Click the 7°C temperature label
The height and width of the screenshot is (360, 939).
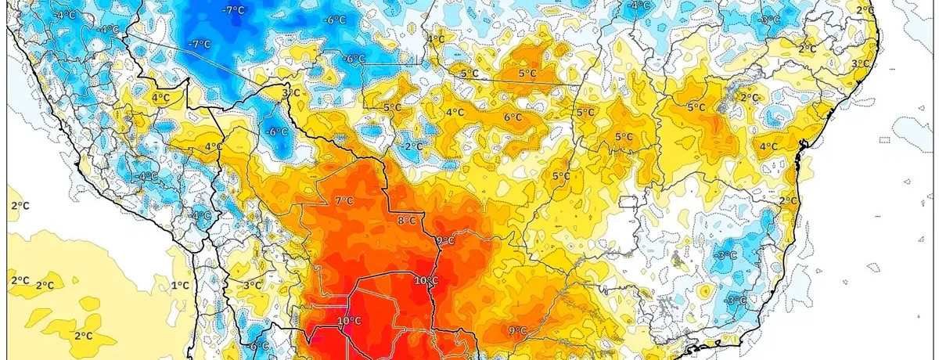tap(344, 201)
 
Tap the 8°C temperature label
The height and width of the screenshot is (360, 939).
tap(407, 221)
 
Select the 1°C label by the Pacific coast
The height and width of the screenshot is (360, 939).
tap(180, 285)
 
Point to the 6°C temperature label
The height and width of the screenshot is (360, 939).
tap(513, 117)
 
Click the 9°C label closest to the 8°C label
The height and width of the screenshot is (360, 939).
tap(445, 240)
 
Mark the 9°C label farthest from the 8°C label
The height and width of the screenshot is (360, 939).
tap(516, 330)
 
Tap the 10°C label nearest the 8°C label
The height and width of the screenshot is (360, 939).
tap(426, 280)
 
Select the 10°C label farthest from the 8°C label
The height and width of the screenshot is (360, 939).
tap(349, 321)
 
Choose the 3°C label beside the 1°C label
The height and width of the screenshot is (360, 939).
tap(252, 285)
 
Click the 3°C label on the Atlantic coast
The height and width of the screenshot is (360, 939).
tap(859, 63)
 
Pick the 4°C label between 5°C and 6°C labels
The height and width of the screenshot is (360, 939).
tap(454, 113)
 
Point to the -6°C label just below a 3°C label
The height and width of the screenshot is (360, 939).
tap(278, 131)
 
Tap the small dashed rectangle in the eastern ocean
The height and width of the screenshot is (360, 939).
tap(884, 140)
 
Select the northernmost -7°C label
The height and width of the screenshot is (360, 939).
tap(232, 9)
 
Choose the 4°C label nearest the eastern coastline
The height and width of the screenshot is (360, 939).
tap(768, 146)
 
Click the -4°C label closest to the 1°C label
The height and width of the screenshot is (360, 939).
tap(201, 215)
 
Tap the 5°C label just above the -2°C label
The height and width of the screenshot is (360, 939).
tap(392, 107)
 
